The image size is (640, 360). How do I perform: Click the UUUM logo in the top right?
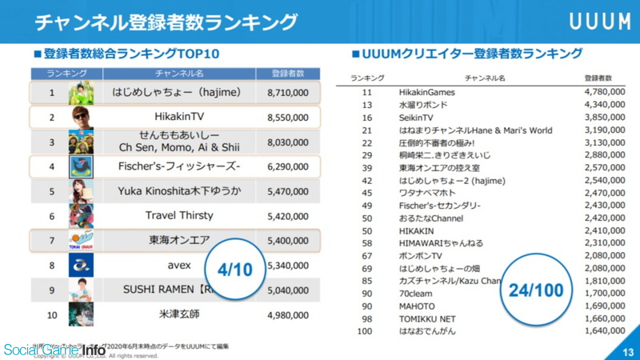(599, 21)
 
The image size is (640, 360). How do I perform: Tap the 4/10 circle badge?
(234, 270)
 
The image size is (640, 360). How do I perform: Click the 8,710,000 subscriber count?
(287, 93)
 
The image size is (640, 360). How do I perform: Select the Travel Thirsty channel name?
(179, 215)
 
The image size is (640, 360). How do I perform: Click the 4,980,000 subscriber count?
(287, 314)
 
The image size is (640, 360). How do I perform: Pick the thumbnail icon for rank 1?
(81, 94)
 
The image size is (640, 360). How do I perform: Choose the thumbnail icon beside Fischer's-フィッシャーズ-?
(81, 166)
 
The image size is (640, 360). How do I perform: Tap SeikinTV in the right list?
(416, 117)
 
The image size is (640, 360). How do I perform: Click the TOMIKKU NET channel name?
(426, 318)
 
